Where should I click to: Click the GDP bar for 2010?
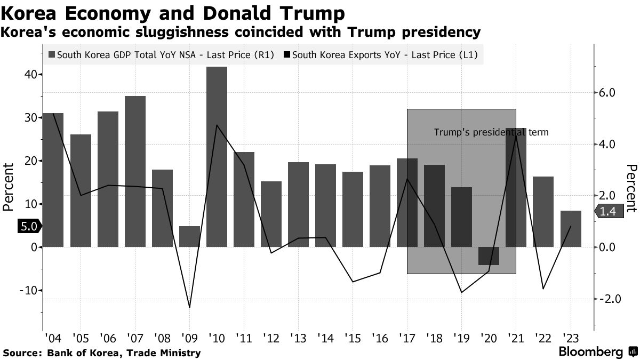click(217, 157)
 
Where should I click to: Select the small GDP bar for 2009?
click(189, 236)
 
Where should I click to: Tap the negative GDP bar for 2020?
click(489, 256)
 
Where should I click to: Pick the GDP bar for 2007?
click(135, 171)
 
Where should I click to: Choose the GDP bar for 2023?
click(571, 229)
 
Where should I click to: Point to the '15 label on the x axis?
click(353, 338)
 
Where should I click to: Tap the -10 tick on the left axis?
click(26, 291)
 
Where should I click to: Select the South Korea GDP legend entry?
click(160, 54)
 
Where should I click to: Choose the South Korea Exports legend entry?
click(382, 54)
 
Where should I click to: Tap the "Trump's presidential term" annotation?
click(491, 132)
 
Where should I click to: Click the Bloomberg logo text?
click(590, 352)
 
